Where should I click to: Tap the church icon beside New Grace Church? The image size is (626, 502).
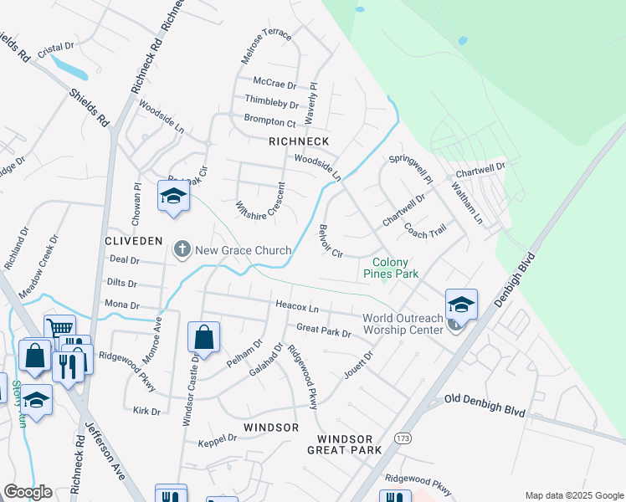[182, 249]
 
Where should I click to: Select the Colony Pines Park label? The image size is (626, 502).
[395, 268]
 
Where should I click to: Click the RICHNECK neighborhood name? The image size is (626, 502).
[299, 141]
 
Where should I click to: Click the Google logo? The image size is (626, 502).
[28, 492]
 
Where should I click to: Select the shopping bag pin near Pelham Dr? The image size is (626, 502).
[203, 338]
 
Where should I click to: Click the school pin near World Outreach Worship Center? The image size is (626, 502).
[461, 304]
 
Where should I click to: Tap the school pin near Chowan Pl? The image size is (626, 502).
[173, 197]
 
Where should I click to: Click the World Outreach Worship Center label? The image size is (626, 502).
[403, 324]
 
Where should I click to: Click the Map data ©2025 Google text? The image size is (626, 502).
[573, 495]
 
